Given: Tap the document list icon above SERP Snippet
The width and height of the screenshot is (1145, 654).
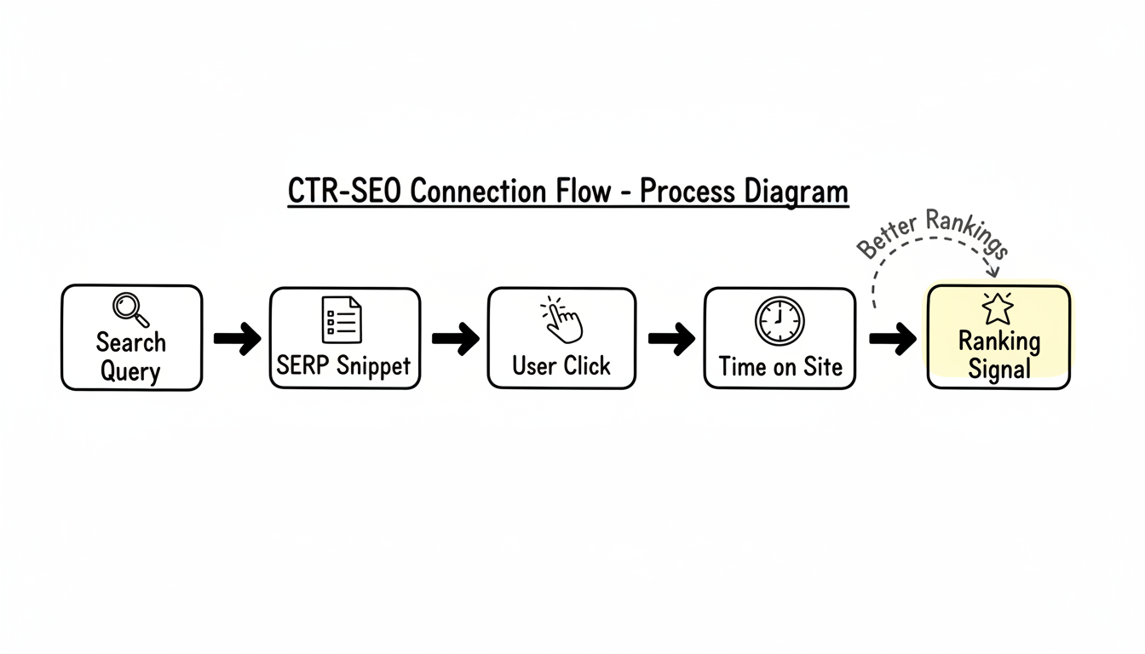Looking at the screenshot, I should (341, 320).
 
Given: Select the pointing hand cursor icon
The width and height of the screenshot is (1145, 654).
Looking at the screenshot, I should (561, 320).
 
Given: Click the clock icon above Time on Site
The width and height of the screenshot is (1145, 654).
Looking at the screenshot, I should (779, 321).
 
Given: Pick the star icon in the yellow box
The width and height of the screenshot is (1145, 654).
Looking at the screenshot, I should (997, 308).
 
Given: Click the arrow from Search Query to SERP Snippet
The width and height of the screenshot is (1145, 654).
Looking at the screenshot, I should (237, 338).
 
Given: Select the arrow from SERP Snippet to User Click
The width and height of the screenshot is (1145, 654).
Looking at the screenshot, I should (454, 338).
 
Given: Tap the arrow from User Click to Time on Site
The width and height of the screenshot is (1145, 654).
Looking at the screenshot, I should (671, 338).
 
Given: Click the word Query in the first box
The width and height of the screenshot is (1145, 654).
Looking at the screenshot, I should (130, 371).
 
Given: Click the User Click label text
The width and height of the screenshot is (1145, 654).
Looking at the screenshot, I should (561, 366).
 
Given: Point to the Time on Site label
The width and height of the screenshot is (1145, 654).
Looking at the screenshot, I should (780, 367).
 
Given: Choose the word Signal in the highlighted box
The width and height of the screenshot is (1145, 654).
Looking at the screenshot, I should (998, 370).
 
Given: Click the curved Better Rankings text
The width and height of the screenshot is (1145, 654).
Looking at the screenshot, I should (932, 232).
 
